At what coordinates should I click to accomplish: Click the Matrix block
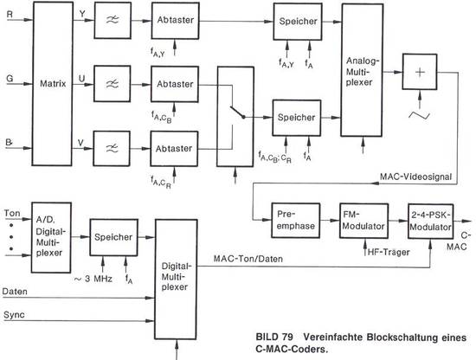pos(53,84)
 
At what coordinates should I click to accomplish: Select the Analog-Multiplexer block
pos(362,70)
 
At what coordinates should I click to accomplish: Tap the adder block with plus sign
pos(420,72)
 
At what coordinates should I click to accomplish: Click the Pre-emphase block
pos(295,220)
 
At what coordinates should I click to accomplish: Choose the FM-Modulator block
pos(363,221)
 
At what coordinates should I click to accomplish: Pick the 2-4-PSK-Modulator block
pos(430,222)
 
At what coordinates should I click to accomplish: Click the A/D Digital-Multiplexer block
pos(51,237)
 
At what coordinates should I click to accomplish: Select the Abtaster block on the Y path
pos(176,21)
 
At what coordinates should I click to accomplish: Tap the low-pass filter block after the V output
pos(112,149)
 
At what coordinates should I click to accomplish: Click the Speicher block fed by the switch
pos(297,118)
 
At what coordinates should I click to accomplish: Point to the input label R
pos(10,14)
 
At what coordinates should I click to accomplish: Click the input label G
pos(10,78)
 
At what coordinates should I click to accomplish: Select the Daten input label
pos(15,292)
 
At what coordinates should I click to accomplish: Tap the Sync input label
pos(14,315)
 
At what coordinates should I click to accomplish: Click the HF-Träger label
pos(389,252)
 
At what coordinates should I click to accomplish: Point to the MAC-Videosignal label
pos(415,177)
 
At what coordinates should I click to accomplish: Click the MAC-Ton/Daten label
pos(248,259)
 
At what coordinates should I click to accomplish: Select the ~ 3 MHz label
pos(93,279)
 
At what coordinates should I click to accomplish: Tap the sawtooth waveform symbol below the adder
pos(420,115)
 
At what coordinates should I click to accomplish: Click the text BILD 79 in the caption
pos(274,337)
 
